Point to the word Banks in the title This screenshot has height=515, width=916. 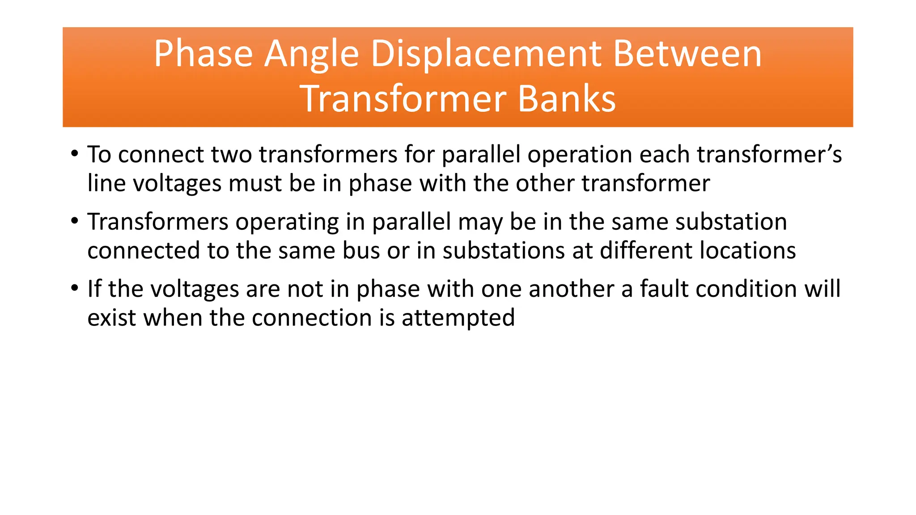pyautogui.click(x=567, y=99)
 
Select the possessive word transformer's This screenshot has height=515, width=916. pyautogui.click(x=769, y=155)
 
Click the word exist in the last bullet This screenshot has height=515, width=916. pyautogui.click(x=111, y=318)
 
